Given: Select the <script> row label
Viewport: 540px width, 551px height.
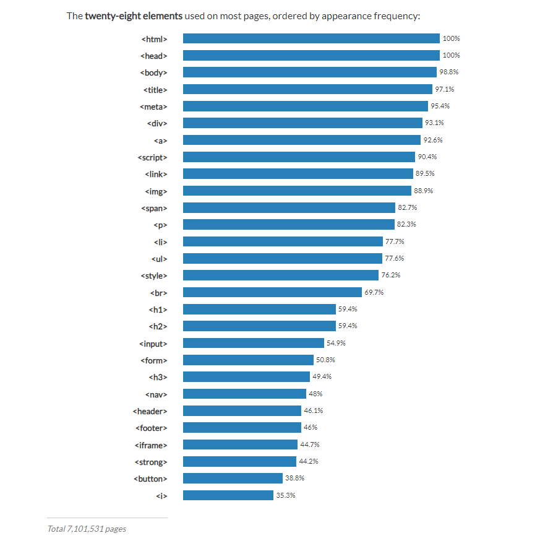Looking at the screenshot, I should (153, 157).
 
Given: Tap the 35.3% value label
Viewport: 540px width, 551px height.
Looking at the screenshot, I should (285, 495).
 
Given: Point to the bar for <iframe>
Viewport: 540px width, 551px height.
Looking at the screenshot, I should (240, 445).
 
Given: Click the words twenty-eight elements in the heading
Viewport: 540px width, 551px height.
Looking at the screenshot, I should (134, 15).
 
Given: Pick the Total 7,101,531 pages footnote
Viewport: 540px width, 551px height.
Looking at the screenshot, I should (87, 529).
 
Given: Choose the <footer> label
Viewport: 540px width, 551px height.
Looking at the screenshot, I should (151, 428).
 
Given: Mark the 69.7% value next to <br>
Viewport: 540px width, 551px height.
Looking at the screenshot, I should (374, 292).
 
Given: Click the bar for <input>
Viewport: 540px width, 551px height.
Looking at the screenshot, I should (253, 343).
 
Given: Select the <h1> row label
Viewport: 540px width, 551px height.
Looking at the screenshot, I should (158, 309).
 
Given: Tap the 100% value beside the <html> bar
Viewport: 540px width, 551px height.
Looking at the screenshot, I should (451, 38).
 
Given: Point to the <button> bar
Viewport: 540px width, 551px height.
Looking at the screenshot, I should (233, 479).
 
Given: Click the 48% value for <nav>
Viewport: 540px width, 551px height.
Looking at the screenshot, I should (315, 394).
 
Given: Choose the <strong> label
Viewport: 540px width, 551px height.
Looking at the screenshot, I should (150, 462).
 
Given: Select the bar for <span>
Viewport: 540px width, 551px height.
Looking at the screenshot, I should (289, 208).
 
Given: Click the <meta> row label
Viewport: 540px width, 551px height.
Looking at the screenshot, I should (154, 106).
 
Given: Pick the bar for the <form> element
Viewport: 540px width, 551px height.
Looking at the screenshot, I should (248, 360).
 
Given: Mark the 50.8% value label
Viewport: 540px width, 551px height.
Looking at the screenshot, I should (325, 360).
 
